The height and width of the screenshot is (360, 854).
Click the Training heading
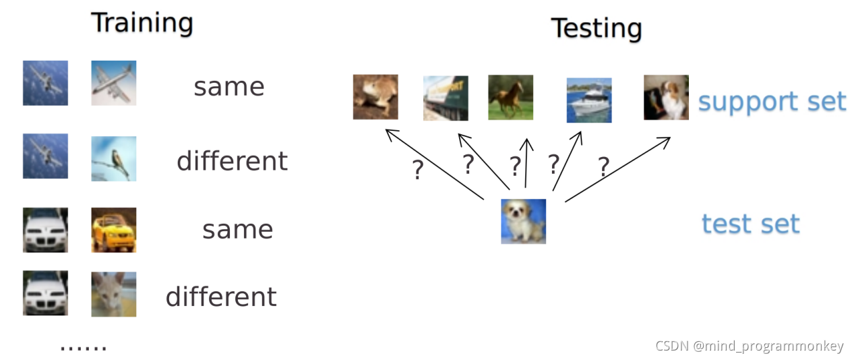142,24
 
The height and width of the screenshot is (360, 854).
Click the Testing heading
597,29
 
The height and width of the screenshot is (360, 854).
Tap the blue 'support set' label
772,102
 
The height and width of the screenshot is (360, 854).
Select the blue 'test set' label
750,223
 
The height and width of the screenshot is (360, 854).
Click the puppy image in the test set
523,221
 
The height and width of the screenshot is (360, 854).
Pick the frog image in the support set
375,97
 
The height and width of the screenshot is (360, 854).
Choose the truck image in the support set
446,98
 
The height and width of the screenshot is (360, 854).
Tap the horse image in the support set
510,98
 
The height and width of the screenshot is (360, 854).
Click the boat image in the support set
588,100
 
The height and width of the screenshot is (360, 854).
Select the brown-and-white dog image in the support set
666,98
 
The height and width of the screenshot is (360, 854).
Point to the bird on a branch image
114,158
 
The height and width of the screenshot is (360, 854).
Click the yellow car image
114,230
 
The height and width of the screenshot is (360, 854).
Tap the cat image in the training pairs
114,294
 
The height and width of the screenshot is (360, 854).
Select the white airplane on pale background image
114,83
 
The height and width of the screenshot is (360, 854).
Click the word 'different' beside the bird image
232,161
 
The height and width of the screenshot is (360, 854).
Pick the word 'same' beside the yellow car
237,230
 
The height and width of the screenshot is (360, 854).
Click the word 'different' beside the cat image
221,297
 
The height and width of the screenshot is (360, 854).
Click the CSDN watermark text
749,346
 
